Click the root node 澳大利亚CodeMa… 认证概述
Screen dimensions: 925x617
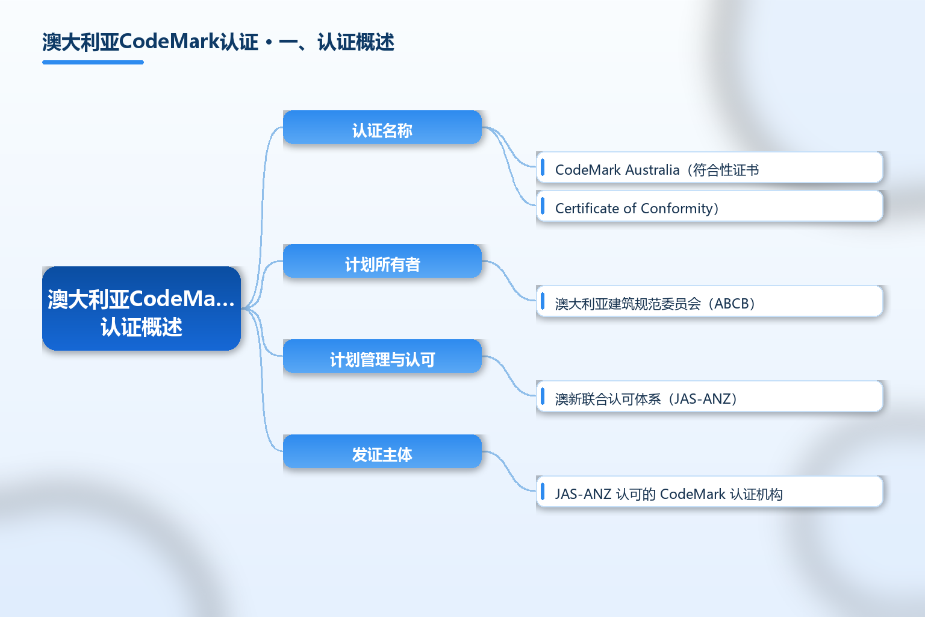[x=142, y=308]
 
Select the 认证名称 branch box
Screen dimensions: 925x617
[x=382, y=127]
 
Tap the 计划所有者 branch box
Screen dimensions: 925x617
[x=382, y=261]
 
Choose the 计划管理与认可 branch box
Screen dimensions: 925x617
[x=382, y=356]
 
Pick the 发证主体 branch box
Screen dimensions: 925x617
[x=382, y=451]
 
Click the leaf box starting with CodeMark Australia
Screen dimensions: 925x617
[x=709, y=168]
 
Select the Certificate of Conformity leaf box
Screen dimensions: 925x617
[x=709, y=206]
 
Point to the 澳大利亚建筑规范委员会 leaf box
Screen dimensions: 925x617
[x=709, y=301]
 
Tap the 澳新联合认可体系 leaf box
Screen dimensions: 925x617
[x=709, y=396]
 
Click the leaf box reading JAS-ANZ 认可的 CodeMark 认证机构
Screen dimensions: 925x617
[x=709, y=491]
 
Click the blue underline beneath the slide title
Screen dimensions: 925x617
[x=93, y=63]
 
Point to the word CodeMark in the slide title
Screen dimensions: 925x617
[x=169, y=42]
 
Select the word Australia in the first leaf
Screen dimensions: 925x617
[x=653, y=170]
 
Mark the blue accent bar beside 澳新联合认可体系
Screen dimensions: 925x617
[x=543, y=396]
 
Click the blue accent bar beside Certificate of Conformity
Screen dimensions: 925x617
[x=543, y=206]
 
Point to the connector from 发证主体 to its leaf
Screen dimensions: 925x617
[x=509, y=472]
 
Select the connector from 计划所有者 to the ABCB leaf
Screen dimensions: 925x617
[x=509, y=281]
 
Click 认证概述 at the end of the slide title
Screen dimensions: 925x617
[x=356, y=42]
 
